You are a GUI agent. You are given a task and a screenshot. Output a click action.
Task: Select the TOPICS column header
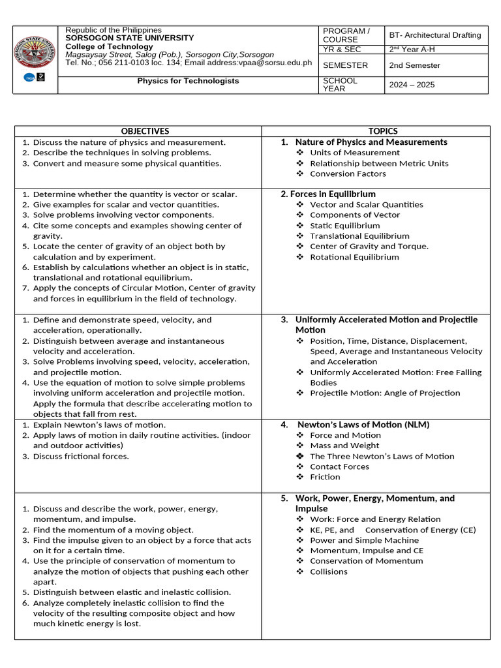tap(382, 131)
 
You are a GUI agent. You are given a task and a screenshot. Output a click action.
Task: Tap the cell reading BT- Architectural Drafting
tap(434, 35)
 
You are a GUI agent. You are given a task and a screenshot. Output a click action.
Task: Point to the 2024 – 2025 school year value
tap(412, 85)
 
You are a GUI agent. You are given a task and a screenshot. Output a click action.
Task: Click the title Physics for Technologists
tap(188, 81)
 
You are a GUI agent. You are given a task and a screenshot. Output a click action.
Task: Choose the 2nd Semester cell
tap(414, 65)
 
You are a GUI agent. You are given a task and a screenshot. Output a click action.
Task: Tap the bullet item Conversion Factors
tap(348, 174)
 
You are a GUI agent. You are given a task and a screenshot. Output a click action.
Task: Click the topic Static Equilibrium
tap(344, 225)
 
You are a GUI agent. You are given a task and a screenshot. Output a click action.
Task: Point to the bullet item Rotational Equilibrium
tap(354, 257)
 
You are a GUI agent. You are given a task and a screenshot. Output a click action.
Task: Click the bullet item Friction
tap(325, 477)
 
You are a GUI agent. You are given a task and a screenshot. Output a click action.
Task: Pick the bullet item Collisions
tap(329, 571)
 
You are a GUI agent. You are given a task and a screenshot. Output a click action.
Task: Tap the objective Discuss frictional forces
tap(81, 456)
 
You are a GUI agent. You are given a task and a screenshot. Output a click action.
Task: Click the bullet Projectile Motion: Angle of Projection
tap(385, 393)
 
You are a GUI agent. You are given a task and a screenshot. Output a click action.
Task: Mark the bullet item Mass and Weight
tap(344, 446)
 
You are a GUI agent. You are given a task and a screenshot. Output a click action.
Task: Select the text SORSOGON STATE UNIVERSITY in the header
tap(130, 38)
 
